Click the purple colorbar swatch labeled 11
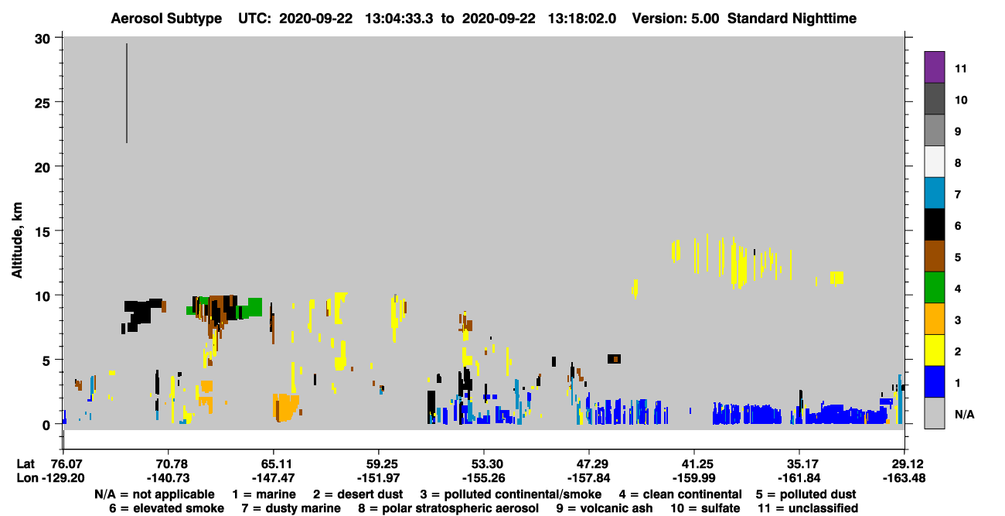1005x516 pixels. tap(934, 67)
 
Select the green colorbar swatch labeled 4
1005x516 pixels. tap(934, 288)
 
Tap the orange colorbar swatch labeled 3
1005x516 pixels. tap(934, 319)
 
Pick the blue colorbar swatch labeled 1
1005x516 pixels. tap(934, 381)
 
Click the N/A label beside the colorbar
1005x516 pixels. tap(964, 414)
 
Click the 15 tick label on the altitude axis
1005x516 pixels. tap(43, 232)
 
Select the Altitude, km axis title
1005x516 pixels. tap(16, 241)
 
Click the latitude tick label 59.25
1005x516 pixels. tap(379, 463)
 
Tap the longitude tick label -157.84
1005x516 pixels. tap(588, 478)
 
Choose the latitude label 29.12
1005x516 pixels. tap(904, 463)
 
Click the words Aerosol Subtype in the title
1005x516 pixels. tap(166, 19)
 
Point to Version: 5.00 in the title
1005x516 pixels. tap(676, 19)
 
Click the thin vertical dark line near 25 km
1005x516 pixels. tap(127, 94)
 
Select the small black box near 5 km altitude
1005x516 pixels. tap(615, 359)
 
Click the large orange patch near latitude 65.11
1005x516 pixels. tap(286, 407)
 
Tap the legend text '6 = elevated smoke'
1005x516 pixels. tap(166, 508)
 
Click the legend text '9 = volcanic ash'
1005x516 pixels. tap(605, 508)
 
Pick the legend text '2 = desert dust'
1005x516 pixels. tap(358, 494)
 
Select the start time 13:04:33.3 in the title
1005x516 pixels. tap(399, 19)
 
